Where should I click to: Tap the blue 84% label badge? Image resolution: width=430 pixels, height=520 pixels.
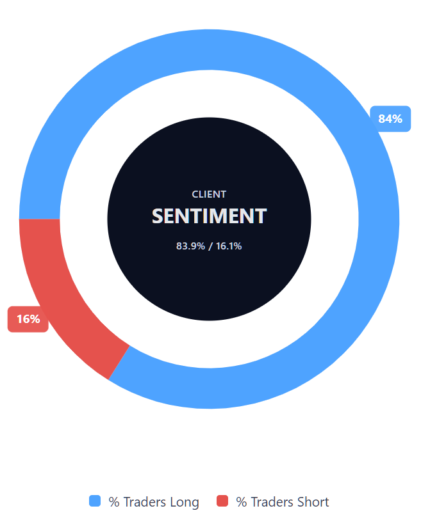[390, 119]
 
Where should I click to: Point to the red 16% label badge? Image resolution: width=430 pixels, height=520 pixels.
[28, 319]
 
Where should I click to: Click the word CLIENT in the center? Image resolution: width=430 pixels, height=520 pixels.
[209, 194]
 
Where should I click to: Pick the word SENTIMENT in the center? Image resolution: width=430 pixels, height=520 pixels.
[209, 216]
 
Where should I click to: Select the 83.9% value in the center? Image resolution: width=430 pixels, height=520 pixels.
[190, 246]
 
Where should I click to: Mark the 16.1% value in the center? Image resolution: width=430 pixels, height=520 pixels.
[228, 246]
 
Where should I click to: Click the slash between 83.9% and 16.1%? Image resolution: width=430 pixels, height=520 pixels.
[210, 246]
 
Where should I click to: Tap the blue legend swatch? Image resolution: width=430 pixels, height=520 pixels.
[95, 501]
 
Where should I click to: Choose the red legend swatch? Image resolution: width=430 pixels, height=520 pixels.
[222, 501]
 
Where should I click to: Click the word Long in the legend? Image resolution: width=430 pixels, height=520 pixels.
[185, 502]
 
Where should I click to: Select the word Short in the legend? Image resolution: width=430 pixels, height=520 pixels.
[314, 502]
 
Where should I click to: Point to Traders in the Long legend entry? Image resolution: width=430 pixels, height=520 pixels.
[144, 502]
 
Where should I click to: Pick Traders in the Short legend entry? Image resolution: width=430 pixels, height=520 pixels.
[272, 502]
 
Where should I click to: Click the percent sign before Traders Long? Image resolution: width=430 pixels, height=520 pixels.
[114, 502]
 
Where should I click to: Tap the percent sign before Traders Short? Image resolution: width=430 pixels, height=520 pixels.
[242, 502]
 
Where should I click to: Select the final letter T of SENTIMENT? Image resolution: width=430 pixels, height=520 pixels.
[260, 216]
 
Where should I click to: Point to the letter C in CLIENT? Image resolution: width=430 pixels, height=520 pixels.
[195, 194]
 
